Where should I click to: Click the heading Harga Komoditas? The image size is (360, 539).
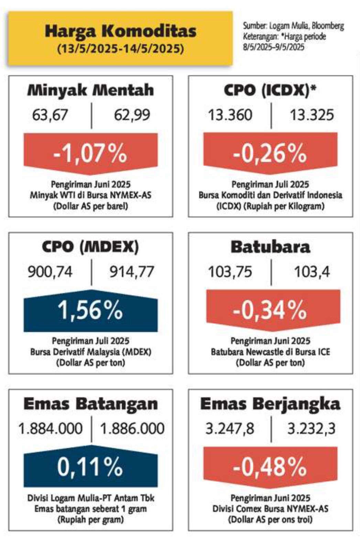120,31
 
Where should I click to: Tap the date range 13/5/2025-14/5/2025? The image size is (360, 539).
120,49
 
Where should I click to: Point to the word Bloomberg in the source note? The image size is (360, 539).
328,26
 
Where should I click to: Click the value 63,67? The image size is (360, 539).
50,115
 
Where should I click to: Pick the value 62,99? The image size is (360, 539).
132,115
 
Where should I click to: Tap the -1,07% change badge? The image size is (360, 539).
90,152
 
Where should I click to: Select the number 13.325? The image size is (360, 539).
312,115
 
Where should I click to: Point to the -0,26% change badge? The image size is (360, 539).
270,152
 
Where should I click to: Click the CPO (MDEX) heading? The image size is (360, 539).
90,247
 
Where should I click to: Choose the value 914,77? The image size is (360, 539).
132,272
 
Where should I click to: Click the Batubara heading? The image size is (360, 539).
270,247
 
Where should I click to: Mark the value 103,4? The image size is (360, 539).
312,272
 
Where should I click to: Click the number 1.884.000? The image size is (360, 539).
51,429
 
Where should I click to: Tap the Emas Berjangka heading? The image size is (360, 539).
270,405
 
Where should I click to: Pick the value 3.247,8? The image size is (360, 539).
230,429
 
